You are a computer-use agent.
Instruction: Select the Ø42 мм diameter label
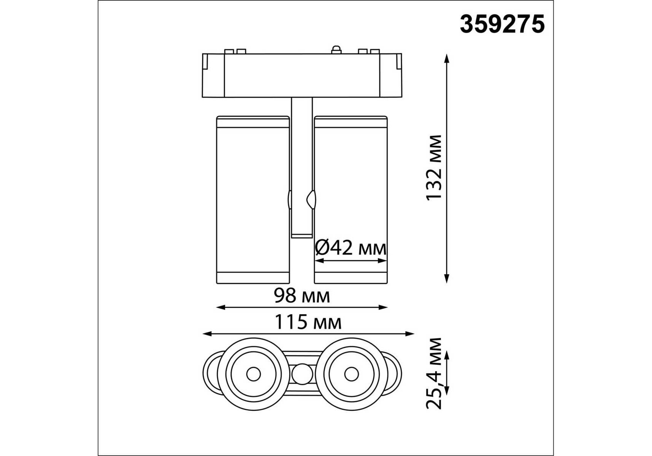pyautogui.click(x=351, y=248)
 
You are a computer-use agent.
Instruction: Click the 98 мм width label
pyautogui.click(x=302, y=296)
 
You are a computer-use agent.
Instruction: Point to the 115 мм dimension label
pyautogui.click(x=308, y=322)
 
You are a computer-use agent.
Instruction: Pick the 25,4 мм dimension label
pyautogui.click(x=434, y=373)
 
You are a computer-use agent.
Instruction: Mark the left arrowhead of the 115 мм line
pyautogui.click(x=207, y=334)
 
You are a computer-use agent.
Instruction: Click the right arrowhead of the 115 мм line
pyautogui.click(x=409, y=334)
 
